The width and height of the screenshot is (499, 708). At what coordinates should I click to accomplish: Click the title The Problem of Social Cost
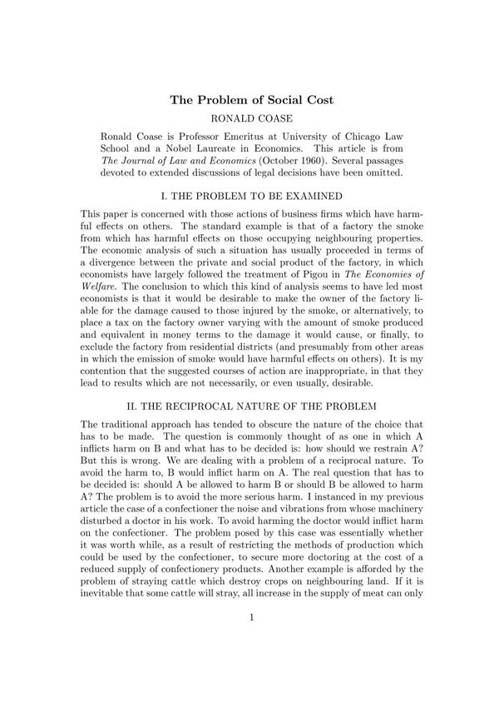pos(252,101)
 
